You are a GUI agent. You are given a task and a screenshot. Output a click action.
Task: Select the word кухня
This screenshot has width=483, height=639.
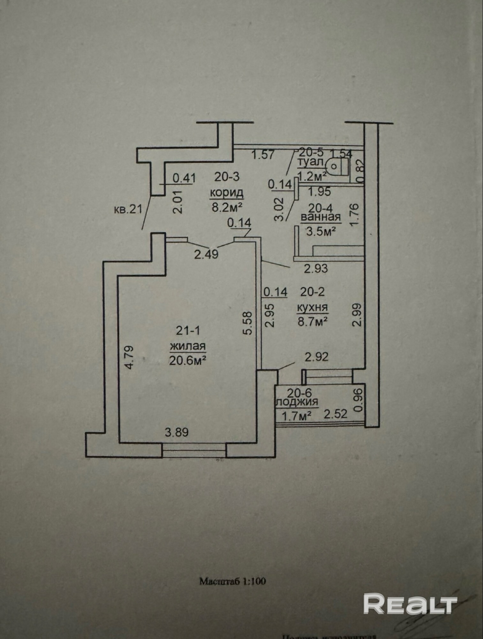point(312,307)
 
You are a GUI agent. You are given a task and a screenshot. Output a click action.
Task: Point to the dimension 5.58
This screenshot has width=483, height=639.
point(248,323)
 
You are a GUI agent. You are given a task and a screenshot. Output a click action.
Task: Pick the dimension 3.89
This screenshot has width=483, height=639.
point(177,433)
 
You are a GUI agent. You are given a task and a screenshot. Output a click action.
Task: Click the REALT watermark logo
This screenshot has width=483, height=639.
point(410,603)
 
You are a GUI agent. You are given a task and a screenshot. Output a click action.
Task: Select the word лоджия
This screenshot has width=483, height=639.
point(297,402)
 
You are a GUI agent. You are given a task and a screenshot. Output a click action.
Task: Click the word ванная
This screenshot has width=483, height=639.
point(321,218)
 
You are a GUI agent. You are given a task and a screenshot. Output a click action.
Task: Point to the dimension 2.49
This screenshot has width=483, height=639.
point(207,254)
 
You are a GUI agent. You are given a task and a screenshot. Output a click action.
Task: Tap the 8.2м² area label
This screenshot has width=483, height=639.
point(226,207)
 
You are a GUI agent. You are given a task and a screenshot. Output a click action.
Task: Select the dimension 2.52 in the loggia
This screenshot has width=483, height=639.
point(335,414)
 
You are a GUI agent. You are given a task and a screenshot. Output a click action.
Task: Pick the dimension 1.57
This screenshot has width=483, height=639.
point(263,155)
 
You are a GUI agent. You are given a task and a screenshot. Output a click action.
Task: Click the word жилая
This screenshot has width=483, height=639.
point(188,346)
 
